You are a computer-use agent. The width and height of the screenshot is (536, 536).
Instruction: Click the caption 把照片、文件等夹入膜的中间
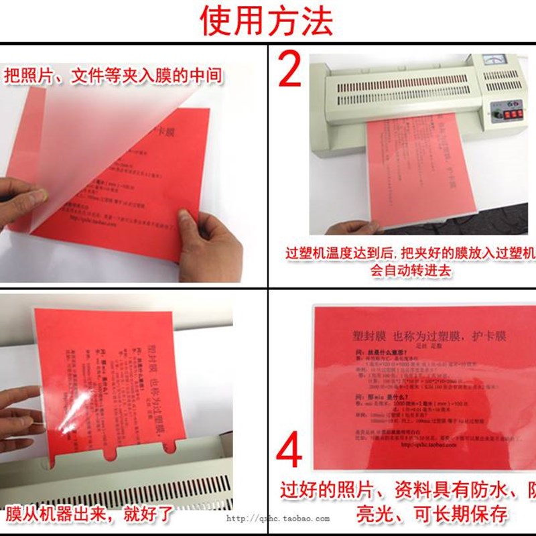(113, 74)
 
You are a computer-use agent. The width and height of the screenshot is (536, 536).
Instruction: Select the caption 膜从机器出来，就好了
(90, 515)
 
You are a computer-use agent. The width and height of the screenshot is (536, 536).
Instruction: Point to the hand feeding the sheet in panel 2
(348, 228)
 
